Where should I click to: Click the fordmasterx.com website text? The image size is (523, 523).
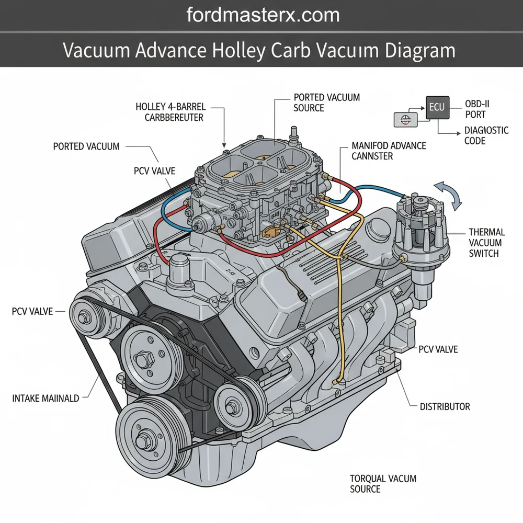263,15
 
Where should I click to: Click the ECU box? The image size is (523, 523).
437,107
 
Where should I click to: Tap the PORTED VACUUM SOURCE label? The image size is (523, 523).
319,103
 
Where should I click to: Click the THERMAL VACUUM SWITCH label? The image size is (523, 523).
486,243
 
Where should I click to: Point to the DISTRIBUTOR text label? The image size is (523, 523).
445,406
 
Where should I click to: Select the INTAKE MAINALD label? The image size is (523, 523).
46,399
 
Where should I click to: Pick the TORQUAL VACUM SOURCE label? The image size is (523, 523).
376,483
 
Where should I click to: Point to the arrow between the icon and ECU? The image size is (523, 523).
418,112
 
